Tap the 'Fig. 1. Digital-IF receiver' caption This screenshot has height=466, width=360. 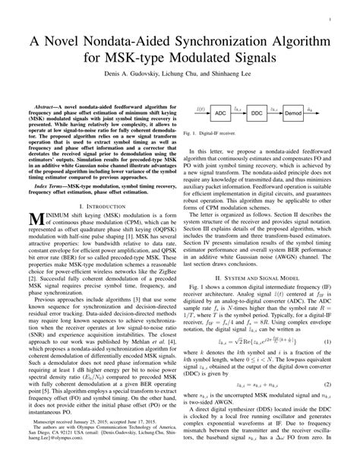(220, 133)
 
